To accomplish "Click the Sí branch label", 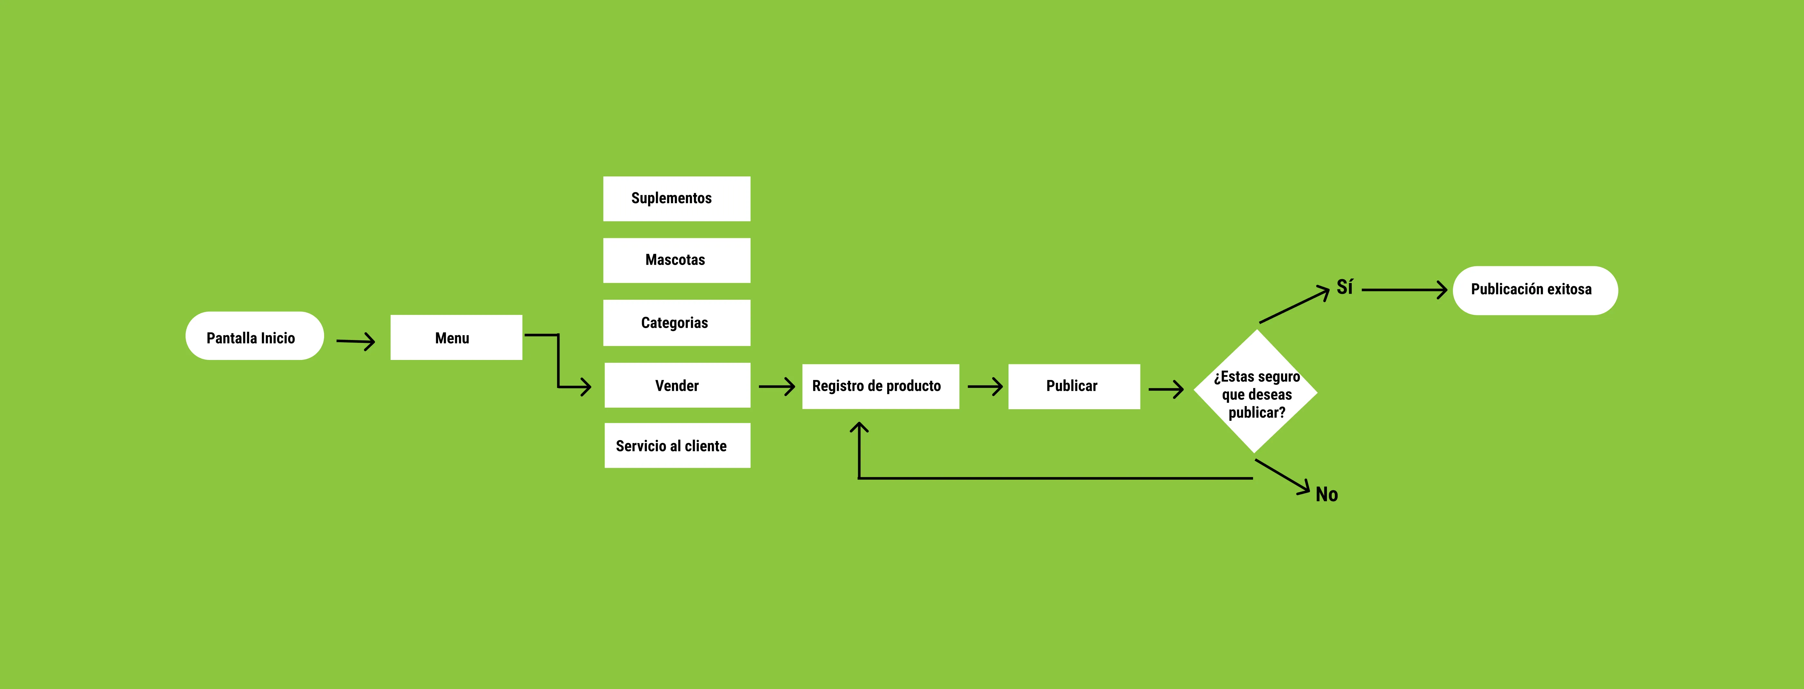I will tap(1345, 287).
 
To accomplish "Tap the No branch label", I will tap(1326, 494).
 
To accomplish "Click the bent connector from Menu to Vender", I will tap(558, 361).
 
